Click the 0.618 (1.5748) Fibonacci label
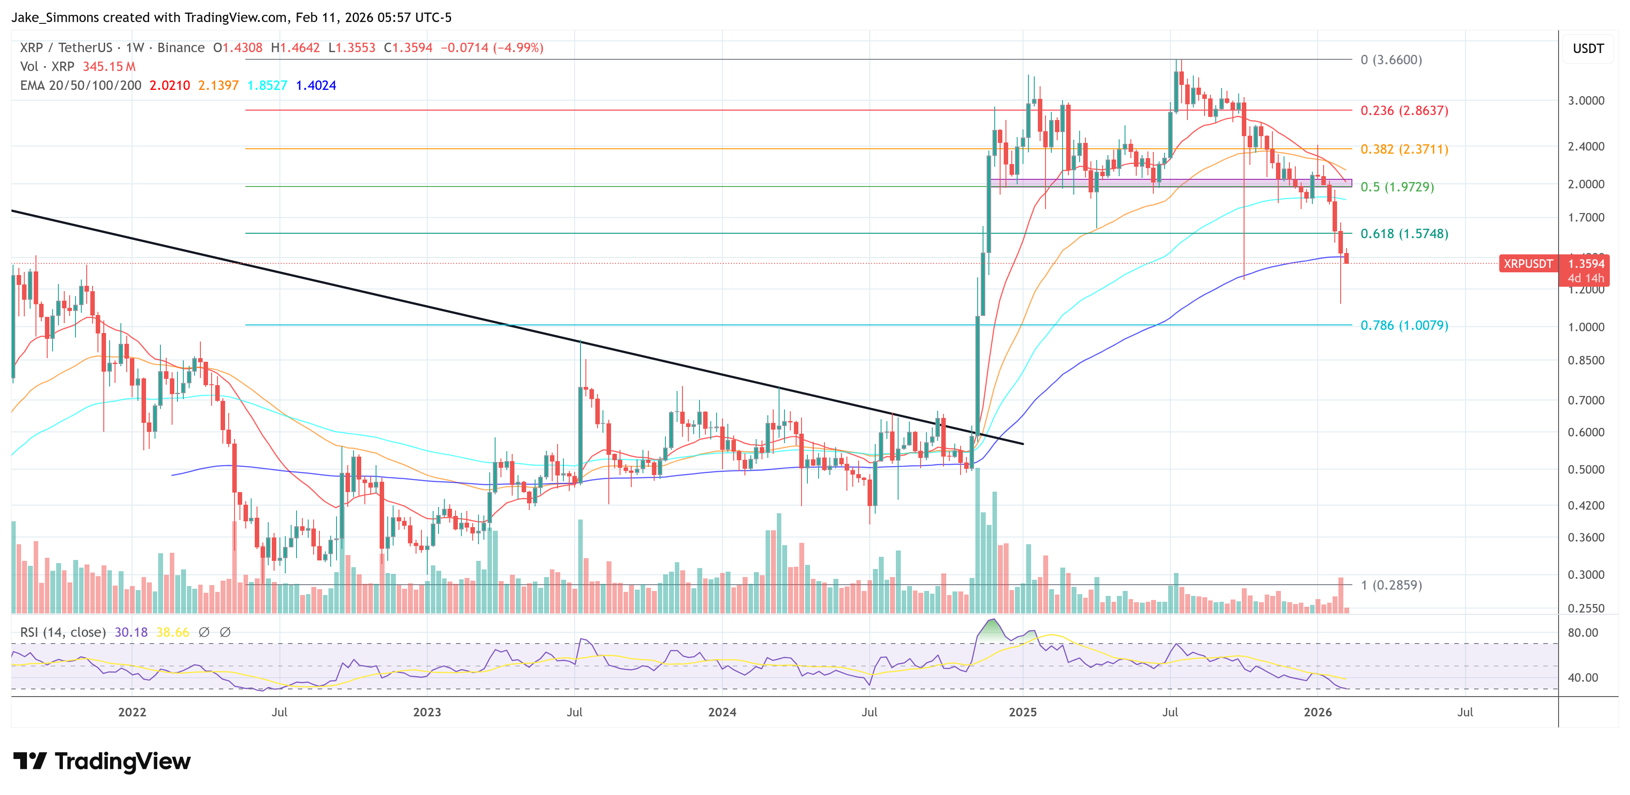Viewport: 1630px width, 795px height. coord(1404,234)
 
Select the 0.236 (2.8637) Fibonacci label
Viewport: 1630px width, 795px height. coord(1404,111)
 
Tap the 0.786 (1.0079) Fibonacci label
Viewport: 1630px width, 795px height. coord(1404,325)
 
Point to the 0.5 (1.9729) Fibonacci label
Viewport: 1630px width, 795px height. coord(1396,187)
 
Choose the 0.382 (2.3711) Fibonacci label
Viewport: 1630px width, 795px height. coord(1404,149)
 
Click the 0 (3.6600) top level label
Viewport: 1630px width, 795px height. coord(1391,59)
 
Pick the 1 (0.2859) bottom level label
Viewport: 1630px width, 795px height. coord(1391,585)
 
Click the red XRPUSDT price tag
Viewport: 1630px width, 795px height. coord(1528,264)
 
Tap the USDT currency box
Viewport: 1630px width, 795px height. coord(1588,49)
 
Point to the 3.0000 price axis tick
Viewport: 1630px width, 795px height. coord(1586,101)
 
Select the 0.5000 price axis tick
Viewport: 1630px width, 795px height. coord(1586,470)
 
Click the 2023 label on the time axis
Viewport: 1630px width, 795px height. coord(427,712)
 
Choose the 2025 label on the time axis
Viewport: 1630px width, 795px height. coord(1023,712)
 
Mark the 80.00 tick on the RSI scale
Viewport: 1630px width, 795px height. coord(1582,633)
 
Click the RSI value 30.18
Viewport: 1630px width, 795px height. coord(131,632)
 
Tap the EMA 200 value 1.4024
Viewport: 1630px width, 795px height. coord(316,85)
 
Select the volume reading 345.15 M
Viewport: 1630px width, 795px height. coord(109,67)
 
